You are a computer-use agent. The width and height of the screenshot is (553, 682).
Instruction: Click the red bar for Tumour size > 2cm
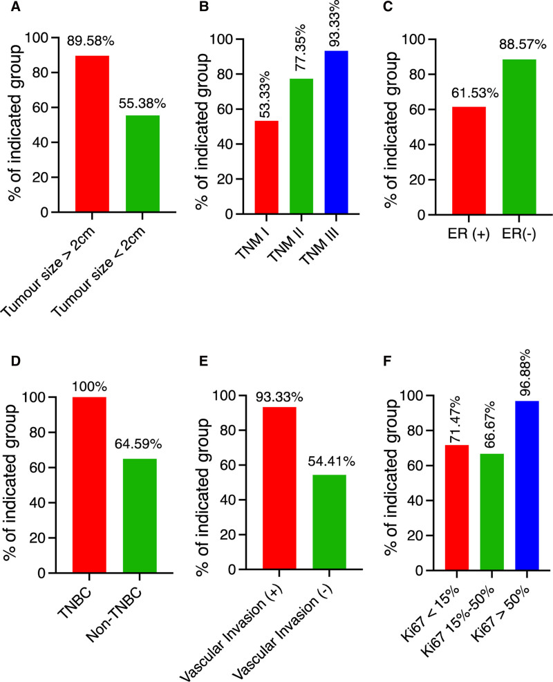coord(92,134)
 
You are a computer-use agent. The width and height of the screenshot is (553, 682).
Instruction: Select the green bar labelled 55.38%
coord(142,164)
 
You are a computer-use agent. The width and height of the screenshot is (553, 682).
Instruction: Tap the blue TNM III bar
coord(337,132)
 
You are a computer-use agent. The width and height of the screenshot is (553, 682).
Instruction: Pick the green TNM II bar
coord(301,146)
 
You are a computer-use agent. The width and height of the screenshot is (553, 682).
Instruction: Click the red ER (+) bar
coord(469,160)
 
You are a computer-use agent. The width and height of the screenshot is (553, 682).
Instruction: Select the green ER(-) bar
coord(519,137)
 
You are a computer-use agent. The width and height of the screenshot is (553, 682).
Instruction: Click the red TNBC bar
coord(89,485)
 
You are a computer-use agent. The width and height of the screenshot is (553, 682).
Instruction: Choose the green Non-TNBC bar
coord(140,516)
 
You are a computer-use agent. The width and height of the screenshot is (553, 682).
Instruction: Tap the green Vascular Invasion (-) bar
coord(329,522)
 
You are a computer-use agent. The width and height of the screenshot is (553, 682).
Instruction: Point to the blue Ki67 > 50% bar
coord(527,485)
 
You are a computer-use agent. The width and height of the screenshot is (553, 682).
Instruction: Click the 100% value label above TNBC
coord(90,387)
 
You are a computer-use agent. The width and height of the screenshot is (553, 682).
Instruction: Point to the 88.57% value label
coord(523,45)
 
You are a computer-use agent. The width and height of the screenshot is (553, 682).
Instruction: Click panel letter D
coord(16,361)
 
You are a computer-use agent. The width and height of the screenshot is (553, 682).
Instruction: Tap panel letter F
coord(388,361)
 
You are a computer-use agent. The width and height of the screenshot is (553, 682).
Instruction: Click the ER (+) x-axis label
coord(469,234)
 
